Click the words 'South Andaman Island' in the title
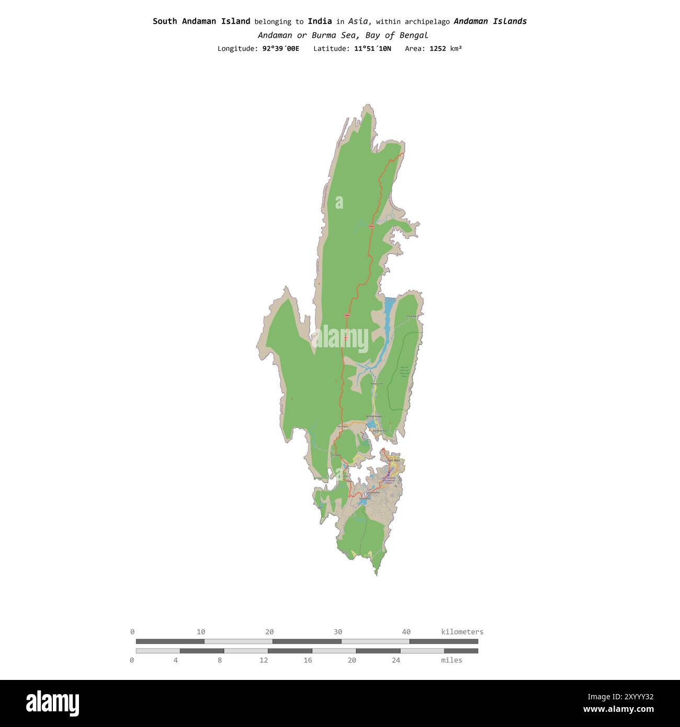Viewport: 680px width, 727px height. point(201,21)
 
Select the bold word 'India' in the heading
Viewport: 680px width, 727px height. point(320,21)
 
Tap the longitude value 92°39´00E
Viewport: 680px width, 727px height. point(281,49)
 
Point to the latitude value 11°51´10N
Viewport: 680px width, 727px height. point(372,49)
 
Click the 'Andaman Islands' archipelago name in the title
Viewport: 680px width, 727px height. point(490,21)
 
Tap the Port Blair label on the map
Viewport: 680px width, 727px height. point(393,460)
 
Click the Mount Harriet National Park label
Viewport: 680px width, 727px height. point(404,371)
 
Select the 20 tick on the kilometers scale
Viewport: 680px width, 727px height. point(269,632)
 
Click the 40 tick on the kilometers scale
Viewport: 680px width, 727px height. point(406,632)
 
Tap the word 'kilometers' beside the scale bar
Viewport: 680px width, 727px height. point(462,632)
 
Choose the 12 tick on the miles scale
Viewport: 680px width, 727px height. point(264,660)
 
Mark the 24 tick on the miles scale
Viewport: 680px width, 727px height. point(396,660)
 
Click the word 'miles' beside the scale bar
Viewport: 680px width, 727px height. point(451,660)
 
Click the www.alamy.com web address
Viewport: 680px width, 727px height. point(618,710)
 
